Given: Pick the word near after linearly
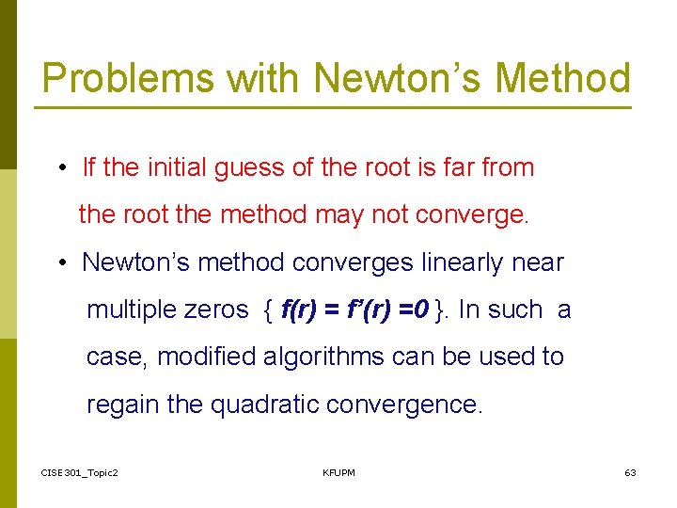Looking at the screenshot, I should click(537, 262).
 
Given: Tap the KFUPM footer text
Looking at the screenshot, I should click(338, 472).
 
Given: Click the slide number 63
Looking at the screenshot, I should click(630, 472).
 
